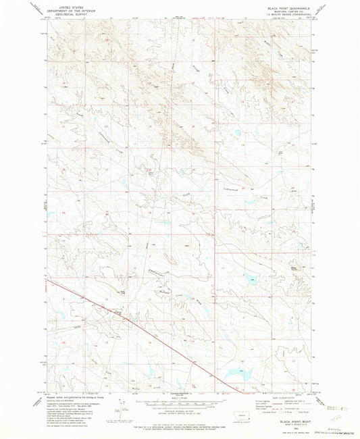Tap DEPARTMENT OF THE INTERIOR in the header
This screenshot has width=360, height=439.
pos(66,9)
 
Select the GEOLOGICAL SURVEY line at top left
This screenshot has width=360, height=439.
pos(66,12)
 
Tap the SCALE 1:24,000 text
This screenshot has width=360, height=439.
pos(179,400)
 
